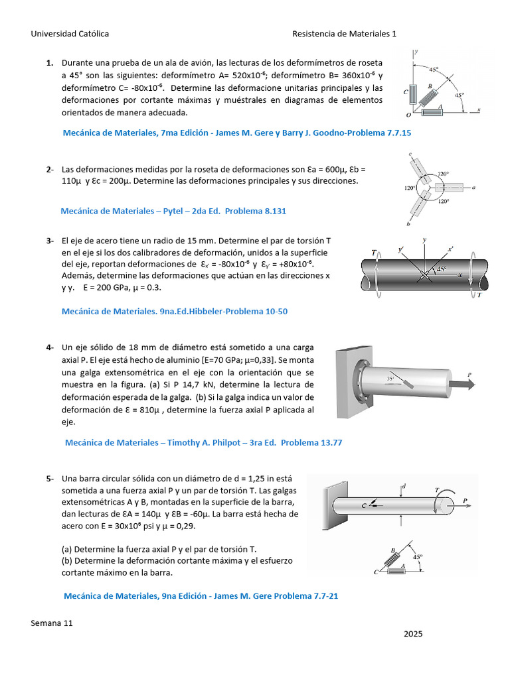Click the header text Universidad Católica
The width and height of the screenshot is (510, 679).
[x=70, y=34]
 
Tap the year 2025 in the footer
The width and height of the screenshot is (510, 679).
[x=412, y=634]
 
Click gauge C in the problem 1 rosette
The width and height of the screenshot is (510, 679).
[x=413, y=94]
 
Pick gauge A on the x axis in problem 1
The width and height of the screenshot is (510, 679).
[x=432, y=111]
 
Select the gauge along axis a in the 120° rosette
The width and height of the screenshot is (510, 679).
[x=451, y=188]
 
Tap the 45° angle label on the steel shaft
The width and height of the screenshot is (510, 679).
[x=441, y=270]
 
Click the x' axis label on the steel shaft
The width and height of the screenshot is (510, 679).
[x=451, y=249]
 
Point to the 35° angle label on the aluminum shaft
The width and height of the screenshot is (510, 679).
[x=391, y=379]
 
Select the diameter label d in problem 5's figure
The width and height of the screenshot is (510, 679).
[x=404, y=487]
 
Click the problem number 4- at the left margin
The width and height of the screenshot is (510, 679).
[x=50, y=347]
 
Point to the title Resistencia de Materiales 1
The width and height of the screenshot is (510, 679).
[x=344, y=34]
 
